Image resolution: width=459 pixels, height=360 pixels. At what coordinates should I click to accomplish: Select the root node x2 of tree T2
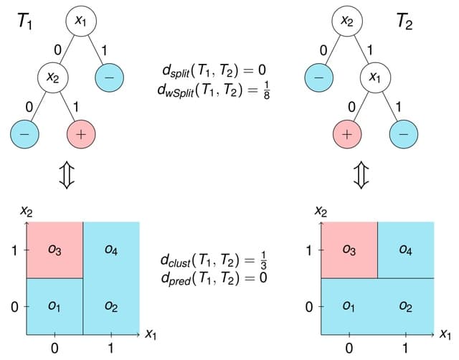[x=347, y=22]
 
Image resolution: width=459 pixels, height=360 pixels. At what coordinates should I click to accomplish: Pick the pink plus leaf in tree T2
[x=347, y=133]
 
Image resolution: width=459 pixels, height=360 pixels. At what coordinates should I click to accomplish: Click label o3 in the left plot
[x=55, y=250]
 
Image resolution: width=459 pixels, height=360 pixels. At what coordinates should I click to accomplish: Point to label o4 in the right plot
[x=405, y=250]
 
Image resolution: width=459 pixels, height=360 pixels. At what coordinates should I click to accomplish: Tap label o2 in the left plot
[x=111, y=306]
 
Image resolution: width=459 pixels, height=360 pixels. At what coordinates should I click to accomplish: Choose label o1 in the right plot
[x=349, y=306]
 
